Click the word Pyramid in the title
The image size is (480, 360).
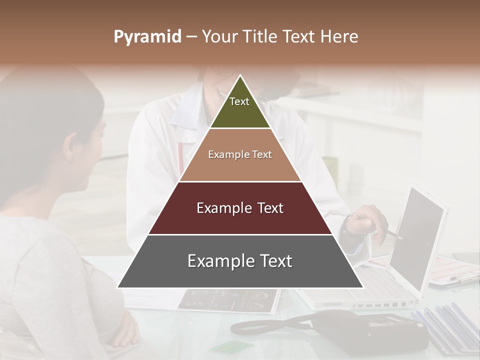click(147, 37)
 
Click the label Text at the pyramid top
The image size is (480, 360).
click(239, 101)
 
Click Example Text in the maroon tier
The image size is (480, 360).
click(240, 208)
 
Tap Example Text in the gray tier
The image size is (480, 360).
click(240, 261)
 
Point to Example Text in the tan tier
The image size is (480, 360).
click(240, 154)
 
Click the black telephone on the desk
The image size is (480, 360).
click(350, 330)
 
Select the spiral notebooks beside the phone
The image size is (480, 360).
click(445, 325)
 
